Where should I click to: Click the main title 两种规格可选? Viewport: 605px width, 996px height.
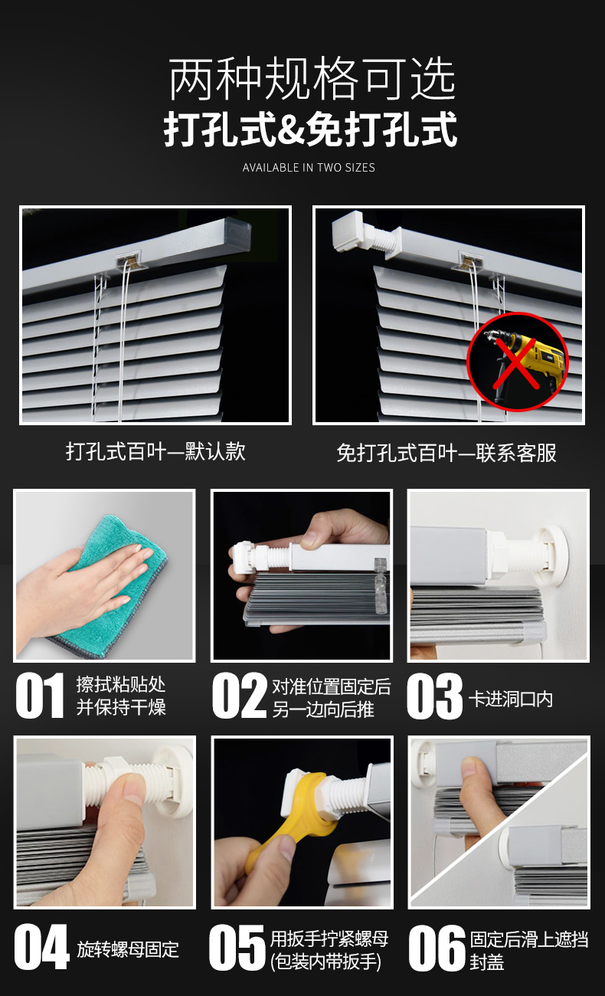click(x=312, y=80)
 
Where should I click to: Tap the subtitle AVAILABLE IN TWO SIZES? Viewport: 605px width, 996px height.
click(x=309, y=168)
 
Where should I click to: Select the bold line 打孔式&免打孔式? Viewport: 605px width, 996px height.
click(x=310, y=129)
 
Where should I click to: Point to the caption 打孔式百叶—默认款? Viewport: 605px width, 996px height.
click(x=155, y=451)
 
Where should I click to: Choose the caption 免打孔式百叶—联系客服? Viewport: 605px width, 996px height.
click(x=446, y=453)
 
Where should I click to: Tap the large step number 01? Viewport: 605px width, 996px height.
click(x=39, y=696)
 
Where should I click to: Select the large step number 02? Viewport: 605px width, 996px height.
click(x=239, y=696)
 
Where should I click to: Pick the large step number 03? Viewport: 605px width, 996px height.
click(x=434, y=696)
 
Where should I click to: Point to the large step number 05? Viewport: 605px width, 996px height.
click(x=237, y=947)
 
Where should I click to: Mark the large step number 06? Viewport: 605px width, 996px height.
click(x=437, y=948)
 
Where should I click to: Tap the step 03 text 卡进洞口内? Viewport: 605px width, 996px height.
click(x=511, y=699)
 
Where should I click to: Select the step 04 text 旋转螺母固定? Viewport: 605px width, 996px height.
click(x=128, y=949)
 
